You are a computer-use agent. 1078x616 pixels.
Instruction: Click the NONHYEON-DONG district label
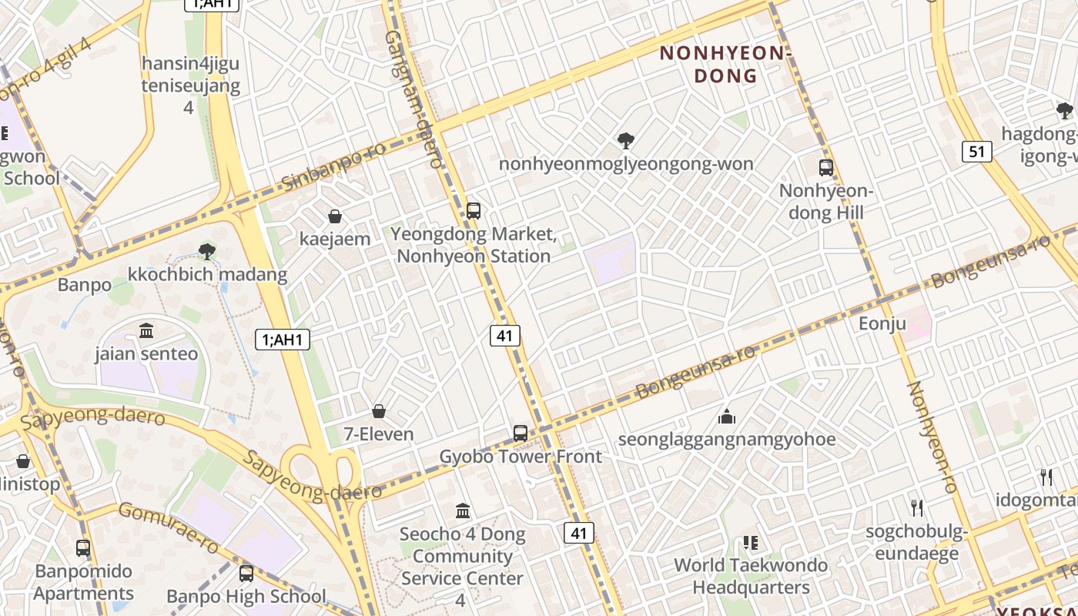click(725, 64)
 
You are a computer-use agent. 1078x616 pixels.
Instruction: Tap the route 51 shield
click(976, 152)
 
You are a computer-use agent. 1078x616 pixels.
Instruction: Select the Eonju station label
click(882, 323)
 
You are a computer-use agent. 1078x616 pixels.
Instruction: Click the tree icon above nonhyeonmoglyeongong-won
click(626, 141)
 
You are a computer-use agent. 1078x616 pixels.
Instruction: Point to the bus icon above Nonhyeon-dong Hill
click(826, 167)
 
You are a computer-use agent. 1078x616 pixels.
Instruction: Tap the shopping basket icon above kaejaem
click(335, 216)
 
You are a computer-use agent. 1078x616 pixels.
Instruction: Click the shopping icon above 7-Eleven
click(379, 411)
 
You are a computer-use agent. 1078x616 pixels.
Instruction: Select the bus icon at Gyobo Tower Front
click(521, 434)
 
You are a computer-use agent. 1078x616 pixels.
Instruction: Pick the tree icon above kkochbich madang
click(206, 251)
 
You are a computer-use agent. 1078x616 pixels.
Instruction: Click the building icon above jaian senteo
click(146, 331)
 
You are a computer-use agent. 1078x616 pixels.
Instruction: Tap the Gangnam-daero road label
click(414, 100)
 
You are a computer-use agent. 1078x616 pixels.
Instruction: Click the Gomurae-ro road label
click(169, 527)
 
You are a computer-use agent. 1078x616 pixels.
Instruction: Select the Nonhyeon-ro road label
click(932, 437)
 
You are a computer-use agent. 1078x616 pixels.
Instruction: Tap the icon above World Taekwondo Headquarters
click(751, 543)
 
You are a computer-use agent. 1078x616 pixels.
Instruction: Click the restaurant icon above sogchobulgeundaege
click(916, 507)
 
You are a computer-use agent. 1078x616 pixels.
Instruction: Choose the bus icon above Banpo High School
click(246, 574)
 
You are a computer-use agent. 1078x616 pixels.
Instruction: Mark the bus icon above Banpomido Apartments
click(83, 548)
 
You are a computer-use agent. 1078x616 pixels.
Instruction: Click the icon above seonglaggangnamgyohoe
click(727, 417)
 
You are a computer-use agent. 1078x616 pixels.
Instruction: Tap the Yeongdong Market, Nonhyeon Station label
click(474, 245)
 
